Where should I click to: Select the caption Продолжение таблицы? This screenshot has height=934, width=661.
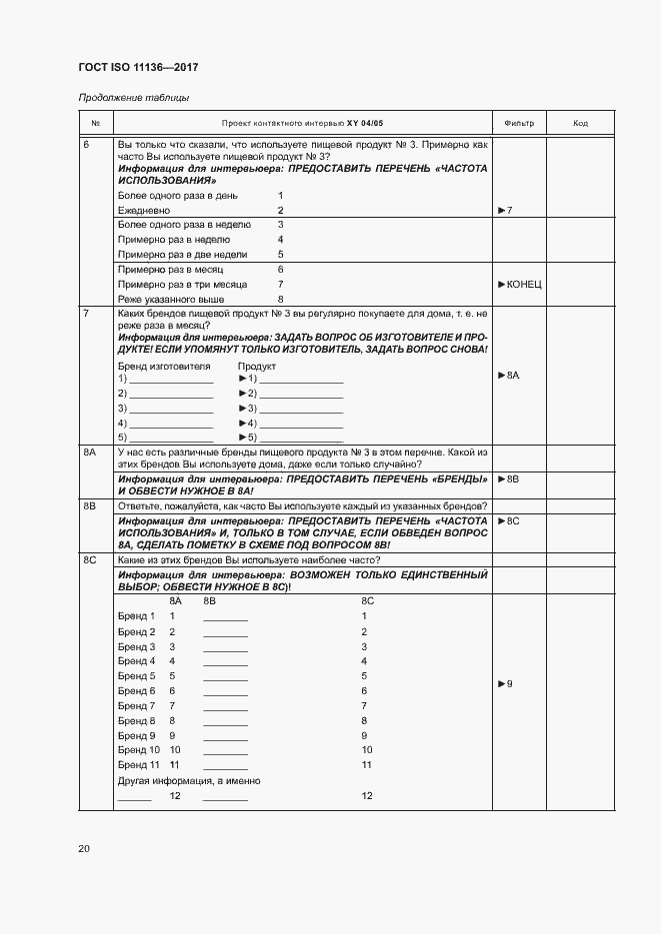pos(133,98)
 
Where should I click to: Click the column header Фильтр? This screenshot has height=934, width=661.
pos(519,123)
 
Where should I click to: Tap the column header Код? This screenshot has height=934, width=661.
pos(580,123)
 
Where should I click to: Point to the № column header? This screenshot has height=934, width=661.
pos(95,123)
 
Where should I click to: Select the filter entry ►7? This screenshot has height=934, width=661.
pos(505,211)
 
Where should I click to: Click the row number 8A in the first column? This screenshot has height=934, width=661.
pos(90,453)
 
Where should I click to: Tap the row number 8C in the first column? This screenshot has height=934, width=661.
pos(90,560)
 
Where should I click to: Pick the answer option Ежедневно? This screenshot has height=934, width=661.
pos(144,211)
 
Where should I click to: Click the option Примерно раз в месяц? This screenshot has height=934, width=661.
pos(170,270)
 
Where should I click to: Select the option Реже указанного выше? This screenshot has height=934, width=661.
pos(170,299)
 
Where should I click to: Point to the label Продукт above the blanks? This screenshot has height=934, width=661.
pos(256,367)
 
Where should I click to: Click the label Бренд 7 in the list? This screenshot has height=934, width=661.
pos(136,705)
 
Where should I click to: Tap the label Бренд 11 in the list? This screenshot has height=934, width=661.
pos(138,764)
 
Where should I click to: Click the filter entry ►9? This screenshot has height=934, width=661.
pos(505,684)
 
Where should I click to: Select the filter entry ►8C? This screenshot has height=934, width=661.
pos(509,521)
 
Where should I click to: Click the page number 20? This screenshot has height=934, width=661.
pos(84,848)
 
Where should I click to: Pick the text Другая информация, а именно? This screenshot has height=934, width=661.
pos(189,780)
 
